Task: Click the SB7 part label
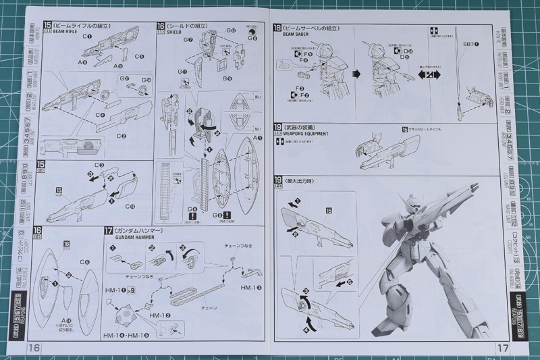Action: pos(468,45)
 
